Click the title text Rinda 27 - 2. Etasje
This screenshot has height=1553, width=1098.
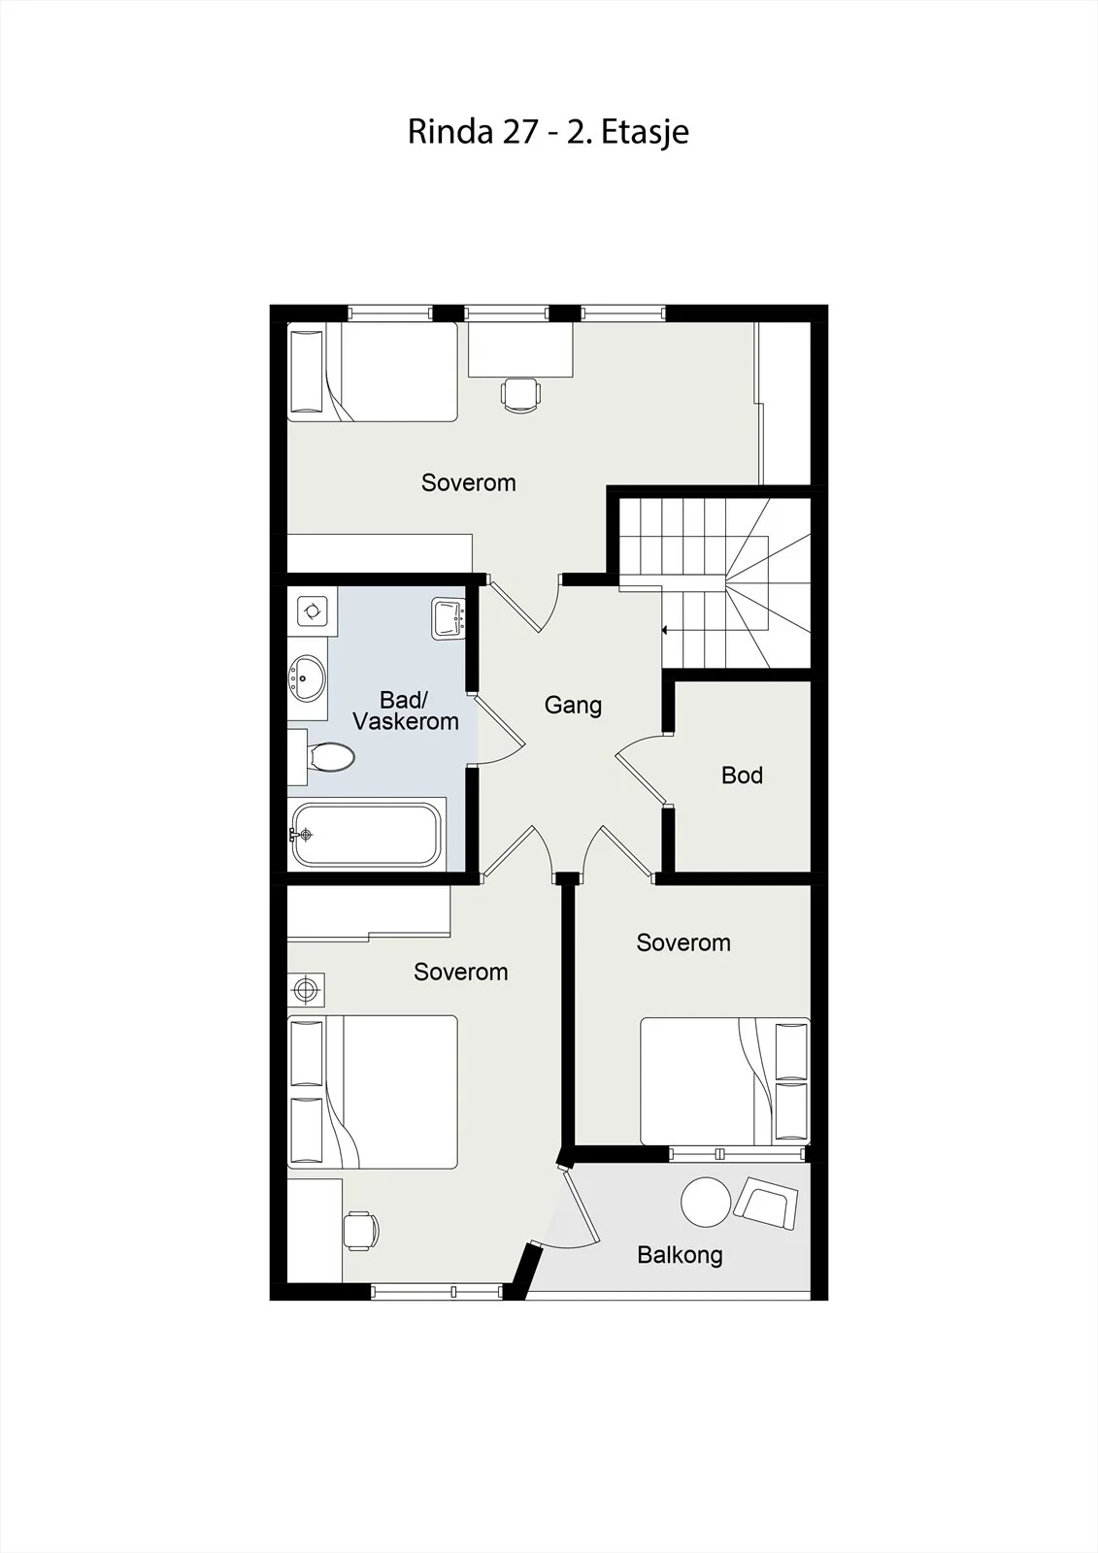click(x=548, y=132)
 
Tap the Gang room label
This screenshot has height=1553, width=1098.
click(x=573, y=705)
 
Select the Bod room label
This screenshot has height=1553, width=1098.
click(x=742, y=775)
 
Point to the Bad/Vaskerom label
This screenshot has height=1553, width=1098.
click(x=406, y=710)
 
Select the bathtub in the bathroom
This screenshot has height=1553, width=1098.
click(x=366, y=835)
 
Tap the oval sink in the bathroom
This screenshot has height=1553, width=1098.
click(x=308, y=677)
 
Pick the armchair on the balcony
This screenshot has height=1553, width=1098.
click(x=766, y=1203)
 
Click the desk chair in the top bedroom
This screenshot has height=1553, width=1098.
click(x=520, y=395)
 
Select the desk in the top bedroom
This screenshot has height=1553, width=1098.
click(x=520, y=349)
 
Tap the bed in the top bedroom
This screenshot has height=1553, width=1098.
click(x=373, y=372)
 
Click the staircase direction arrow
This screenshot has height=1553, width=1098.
click(x=664, y=631)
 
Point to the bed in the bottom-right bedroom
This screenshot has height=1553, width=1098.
click(x=725, y=1081)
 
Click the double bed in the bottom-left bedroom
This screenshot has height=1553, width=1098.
click(x=373, y=1092)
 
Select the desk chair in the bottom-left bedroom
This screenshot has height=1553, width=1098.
click(x=361, y=1231)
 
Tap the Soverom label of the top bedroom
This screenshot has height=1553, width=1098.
click(x=468, y=482)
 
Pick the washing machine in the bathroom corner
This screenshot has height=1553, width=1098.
click(x=313, y=611)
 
